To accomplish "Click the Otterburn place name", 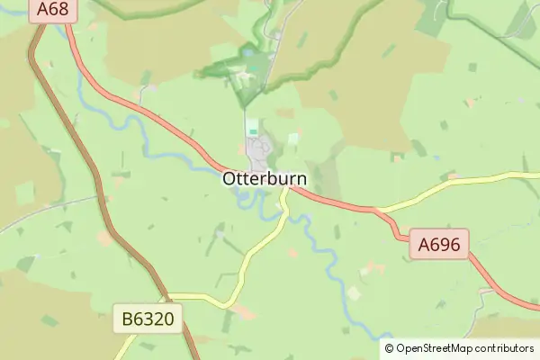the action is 265,179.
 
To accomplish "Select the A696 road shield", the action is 438,244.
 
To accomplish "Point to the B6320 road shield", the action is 148,318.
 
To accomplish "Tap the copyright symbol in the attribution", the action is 390,348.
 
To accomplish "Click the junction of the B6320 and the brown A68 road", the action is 167,295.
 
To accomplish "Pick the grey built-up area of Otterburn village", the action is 261,151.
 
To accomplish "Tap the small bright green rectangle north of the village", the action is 253,130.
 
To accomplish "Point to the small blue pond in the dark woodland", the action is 248,55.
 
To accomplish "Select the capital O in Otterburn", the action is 229,179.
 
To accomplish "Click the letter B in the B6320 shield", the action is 127,318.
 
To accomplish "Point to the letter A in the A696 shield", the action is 422,244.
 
